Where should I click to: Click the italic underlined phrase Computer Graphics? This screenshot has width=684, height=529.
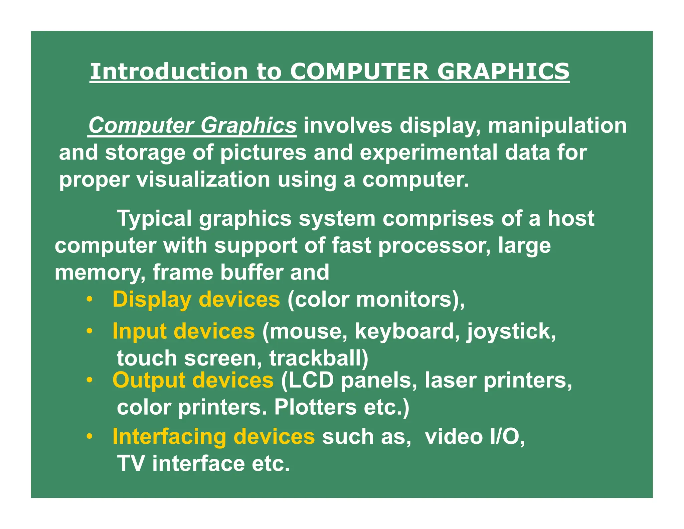tap(192, 125)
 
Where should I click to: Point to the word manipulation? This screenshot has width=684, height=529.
tap(557, 125)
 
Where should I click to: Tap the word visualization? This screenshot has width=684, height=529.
tap(203, 180)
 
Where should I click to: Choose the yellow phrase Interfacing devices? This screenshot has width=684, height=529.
tap(213, 436)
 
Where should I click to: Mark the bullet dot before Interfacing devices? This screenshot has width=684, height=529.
tap(89, 437)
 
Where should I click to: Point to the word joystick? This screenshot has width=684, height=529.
tap(511, 331)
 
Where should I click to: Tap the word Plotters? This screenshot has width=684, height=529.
tap(315, 407)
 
